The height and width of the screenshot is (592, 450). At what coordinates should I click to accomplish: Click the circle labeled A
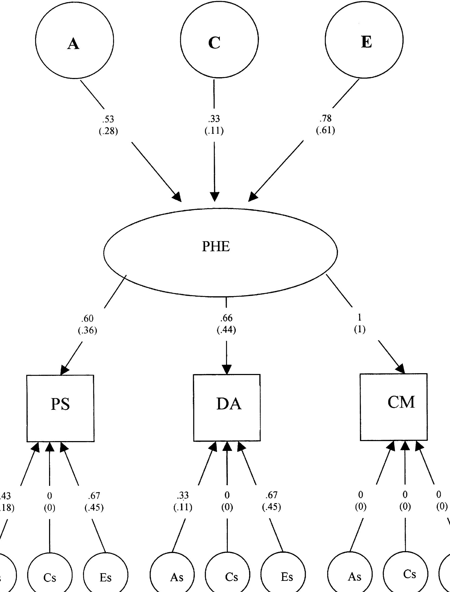pos(75,41)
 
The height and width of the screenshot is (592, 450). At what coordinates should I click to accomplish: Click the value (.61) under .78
pos(325,131)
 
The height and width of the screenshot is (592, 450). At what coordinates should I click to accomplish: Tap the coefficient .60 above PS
pos(87,319)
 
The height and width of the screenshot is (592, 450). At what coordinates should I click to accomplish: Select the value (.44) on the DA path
pos(226,330)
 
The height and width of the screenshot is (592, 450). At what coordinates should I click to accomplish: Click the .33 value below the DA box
pos(183,495)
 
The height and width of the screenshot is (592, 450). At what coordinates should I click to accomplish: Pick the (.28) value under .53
pos(108,132)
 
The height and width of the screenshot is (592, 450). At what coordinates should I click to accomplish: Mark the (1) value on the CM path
pos(360,330)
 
